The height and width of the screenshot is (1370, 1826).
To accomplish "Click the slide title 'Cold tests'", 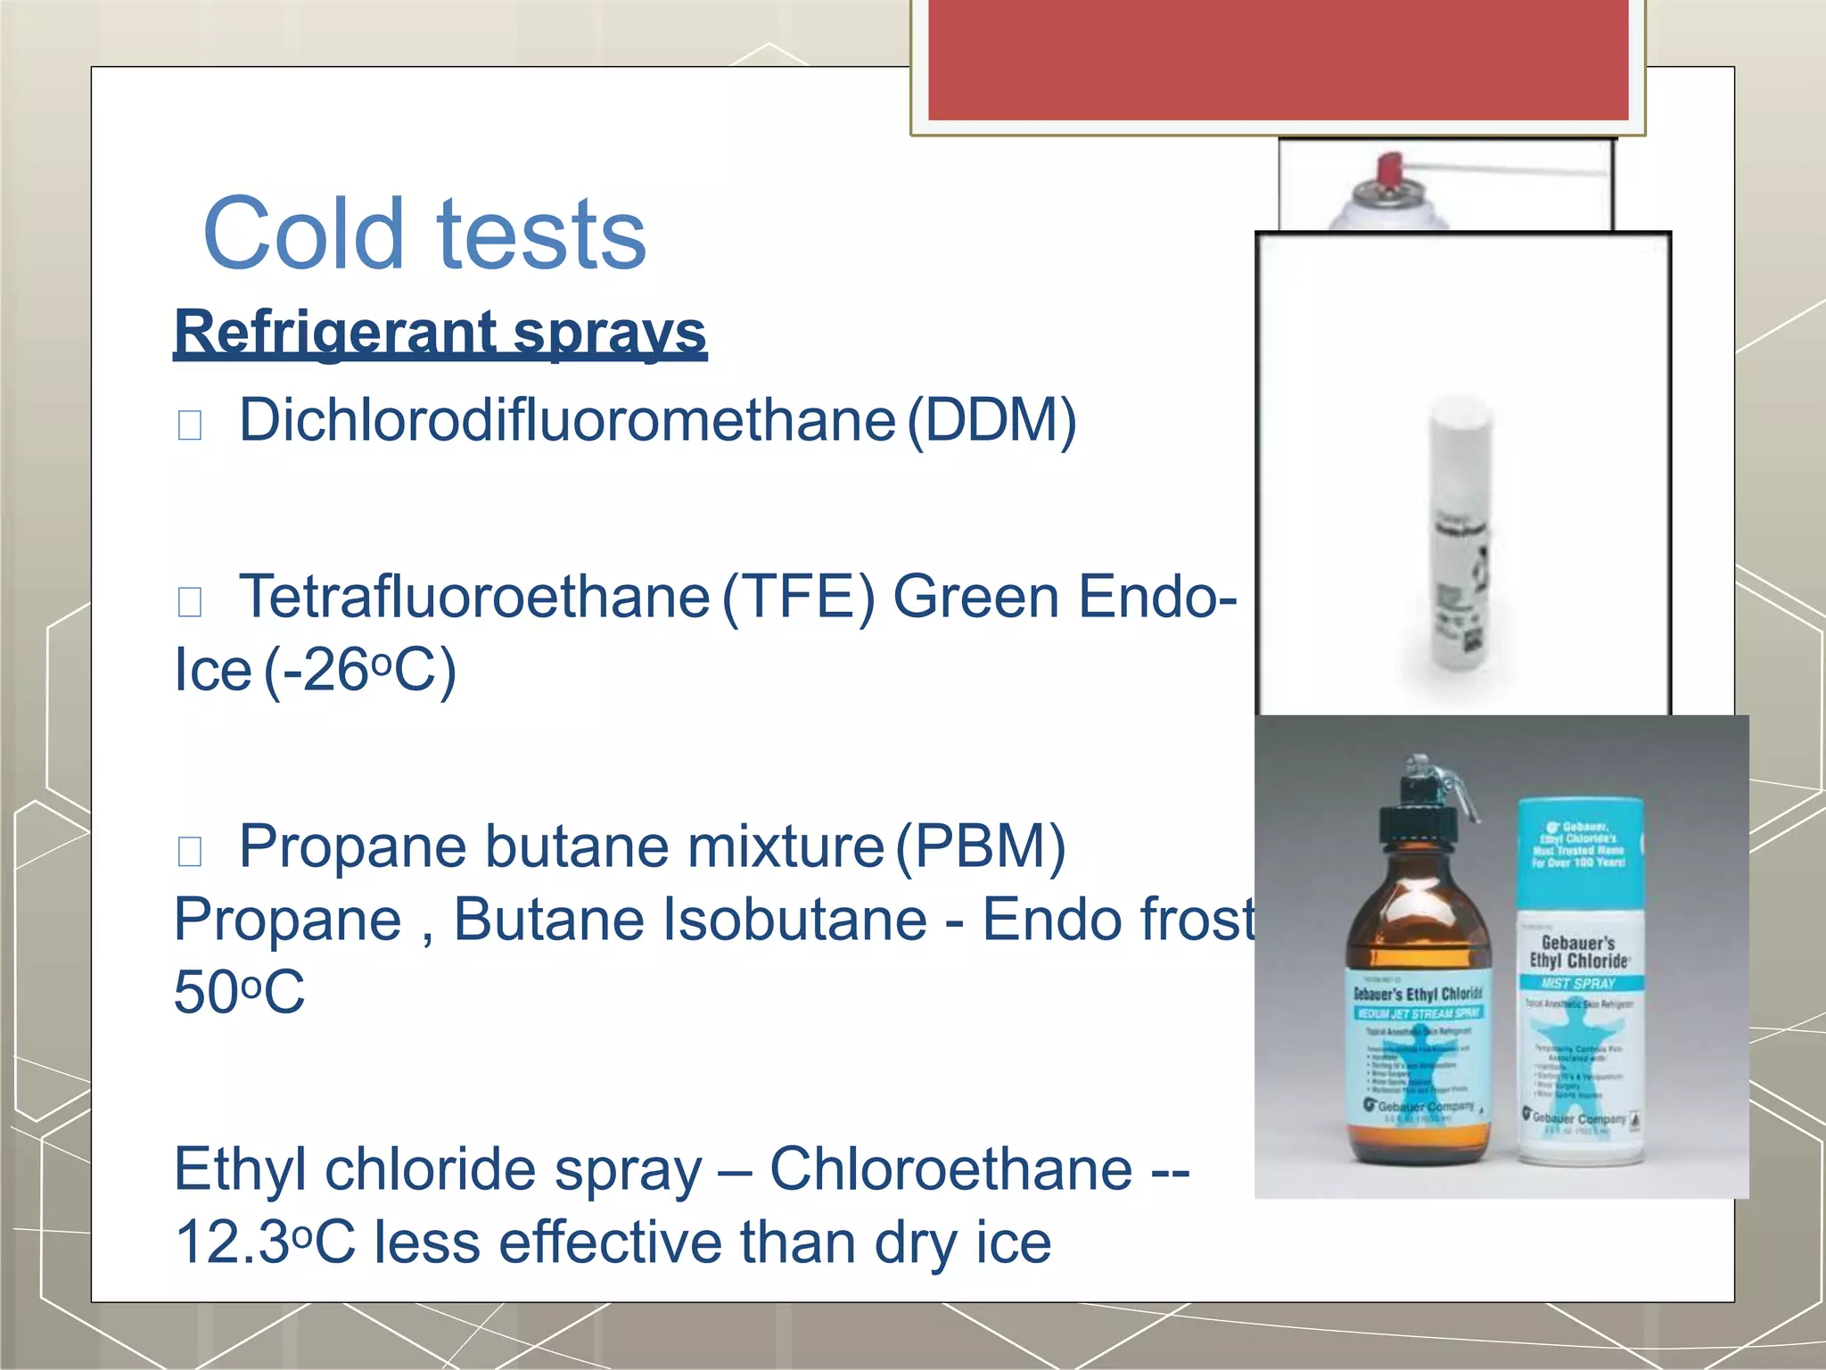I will point(424,234).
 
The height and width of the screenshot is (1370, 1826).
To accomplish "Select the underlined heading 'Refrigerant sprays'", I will point(440,332).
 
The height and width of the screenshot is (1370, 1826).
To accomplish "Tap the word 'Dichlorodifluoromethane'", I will point(567,420).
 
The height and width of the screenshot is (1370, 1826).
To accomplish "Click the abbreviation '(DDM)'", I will point(991,420).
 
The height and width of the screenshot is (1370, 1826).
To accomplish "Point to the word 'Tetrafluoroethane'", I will point(473,597).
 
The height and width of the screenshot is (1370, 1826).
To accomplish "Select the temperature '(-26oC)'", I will point(360,671).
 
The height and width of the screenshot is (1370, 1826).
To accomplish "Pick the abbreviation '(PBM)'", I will point(981,846).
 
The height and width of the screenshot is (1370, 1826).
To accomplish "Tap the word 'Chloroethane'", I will point(950,1169).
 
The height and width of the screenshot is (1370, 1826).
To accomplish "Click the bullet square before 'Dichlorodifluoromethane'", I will point(190,425).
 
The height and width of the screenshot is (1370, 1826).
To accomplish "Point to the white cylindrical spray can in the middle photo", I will point(1460,544).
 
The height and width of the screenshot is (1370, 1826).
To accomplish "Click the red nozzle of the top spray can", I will point(1389,169).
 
